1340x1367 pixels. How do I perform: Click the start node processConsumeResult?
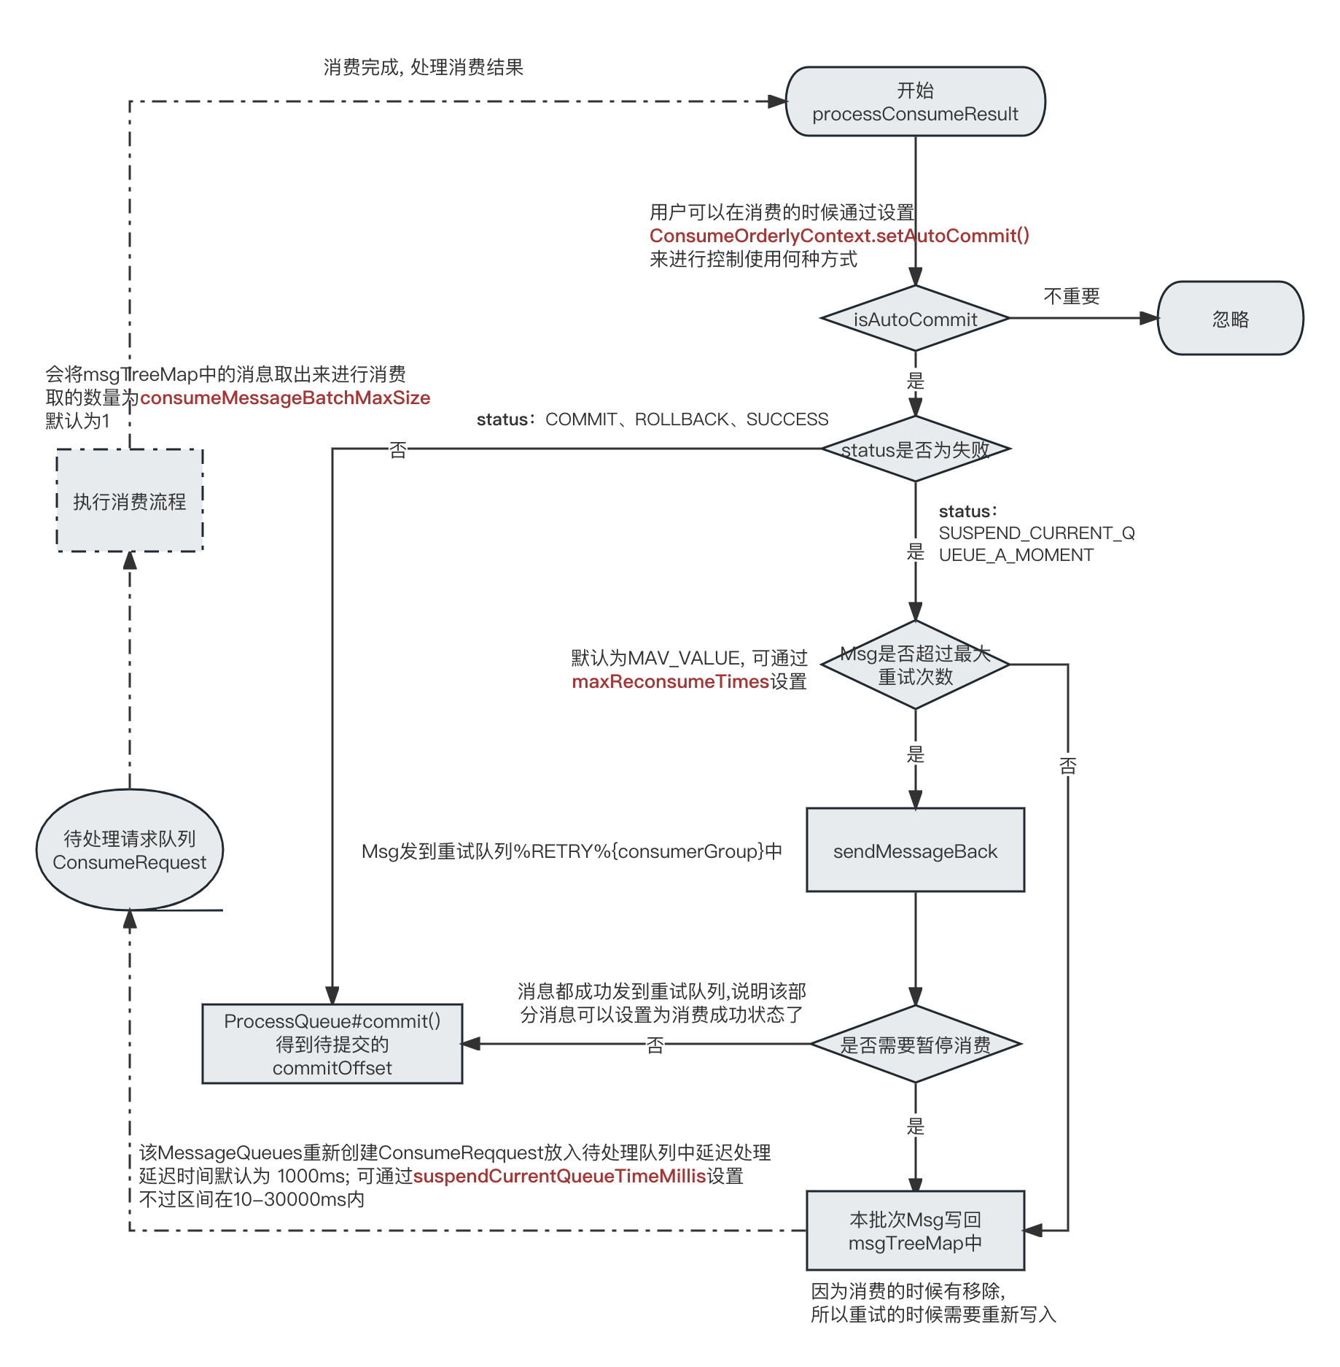click(x=915, y=101)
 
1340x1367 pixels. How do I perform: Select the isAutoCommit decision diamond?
click(x=915, y=318)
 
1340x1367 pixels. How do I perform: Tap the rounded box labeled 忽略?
click(x=1231, y=318)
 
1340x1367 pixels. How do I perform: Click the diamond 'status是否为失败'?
click(x=915, y=449)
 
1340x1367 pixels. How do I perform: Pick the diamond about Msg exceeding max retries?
click(x=915, y=665)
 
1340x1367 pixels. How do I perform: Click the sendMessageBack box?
click(x=915, y=850)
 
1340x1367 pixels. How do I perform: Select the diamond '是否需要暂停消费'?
click(x=915, y=1044)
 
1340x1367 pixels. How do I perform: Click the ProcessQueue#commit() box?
click(x=332, y=1044)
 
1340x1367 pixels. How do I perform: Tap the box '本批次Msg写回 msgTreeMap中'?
click(x=915, y=1231)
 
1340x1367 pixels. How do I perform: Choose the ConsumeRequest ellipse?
click(x=130, y=850)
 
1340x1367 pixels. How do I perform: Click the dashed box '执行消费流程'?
click(x=130, y=500)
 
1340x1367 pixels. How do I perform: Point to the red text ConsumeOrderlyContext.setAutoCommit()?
click(x=839, y=236)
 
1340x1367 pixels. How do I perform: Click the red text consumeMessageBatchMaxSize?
click(x=285, y=398)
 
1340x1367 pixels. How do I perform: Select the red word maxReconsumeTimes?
click(x=671, y=681)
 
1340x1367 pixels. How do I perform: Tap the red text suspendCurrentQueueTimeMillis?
click(x=560, y=1176)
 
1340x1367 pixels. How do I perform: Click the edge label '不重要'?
click(x=1072, y=296)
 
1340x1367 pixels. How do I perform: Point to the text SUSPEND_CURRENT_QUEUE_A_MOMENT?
click(x=1037, y=544)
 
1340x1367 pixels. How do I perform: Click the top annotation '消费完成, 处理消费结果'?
click(x=424, y=68)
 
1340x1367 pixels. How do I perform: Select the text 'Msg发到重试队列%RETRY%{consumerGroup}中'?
click(x=572, y=851)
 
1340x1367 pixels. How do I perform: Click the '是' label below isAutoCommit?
click(x=915, y=380)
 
